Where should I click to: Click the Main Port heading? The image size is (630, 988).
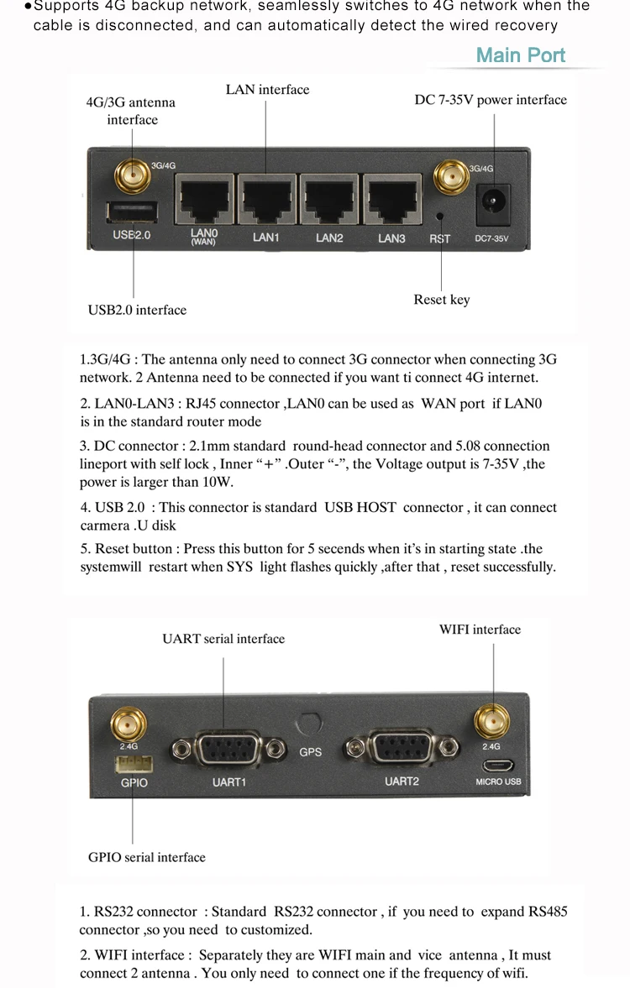521,55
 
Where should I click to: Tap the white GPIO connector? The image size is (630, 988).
134,765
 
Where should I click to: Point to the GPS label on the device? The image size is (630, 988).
311,751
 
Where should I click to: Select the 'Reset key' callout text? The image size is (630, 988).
442,300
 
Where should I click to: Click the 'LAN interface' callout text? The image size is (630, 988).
267,90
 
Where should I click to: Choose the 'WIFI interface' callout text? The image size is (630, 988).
480,630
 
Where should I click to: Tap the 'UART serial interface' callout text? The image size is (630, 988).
223,639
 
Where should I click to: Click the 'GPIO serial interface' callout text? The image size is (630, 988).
147,857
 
